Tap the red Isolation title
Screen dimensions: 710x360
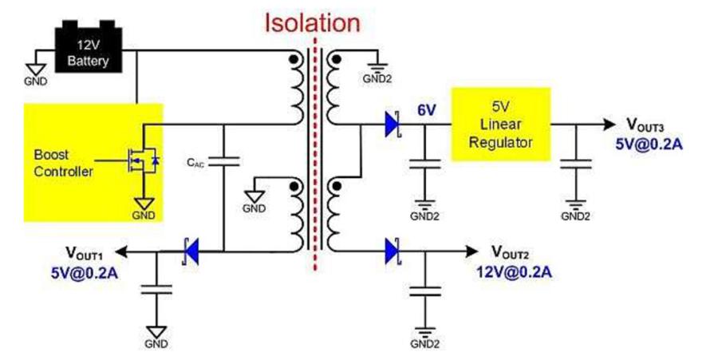coord(313,22)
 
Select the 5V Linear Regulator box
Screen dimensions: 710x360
coord(501,124)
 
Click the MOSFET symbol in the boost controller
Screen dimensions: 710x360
coord(144,160)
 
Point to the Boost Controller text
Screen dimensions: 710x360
coord(63,163)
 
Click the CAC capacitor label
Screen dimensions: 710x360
coord(196,163)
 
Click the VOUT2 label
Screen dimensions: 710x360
coord(510,251)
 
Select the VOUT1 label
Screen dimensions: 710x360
coord(85,251)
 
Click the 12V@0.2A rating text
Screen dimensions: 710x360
coord(514,273)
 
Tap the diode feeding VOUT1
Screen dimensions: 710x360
coord(191,251)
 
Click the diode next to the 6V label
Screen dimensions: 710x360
coord(392,124)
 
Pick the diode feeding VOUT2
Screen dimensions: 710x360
coord(392,251)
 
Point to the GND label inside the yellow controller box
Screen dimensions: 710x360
coord(144,216)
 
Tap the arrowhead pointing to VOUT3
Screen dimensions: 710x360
coord(609,124)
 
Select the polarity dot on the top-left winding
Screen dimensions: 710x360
coord(294,59)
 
